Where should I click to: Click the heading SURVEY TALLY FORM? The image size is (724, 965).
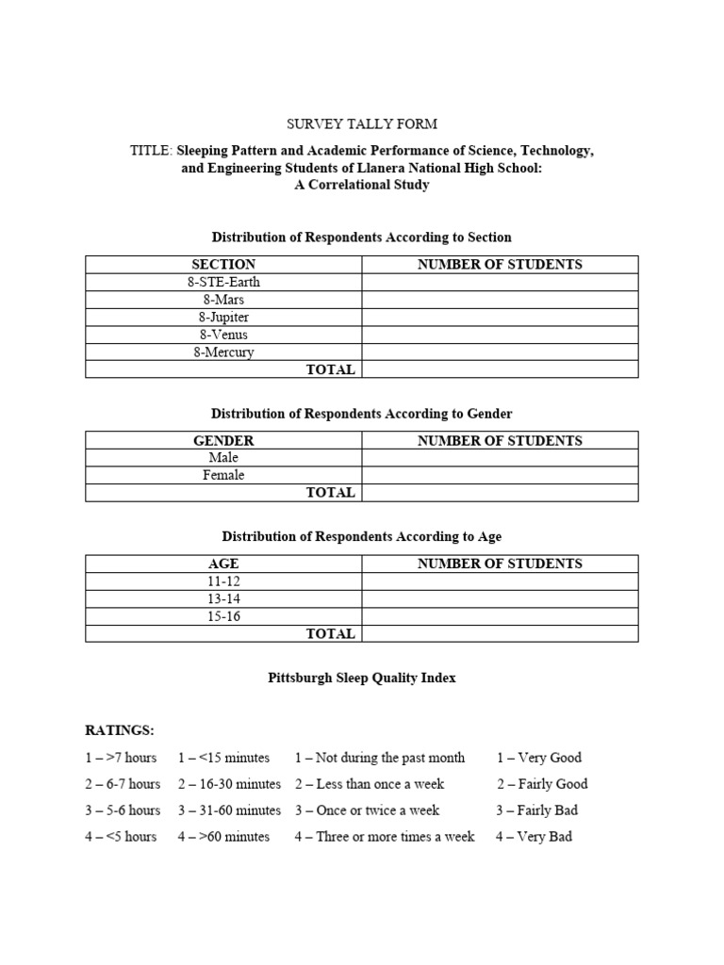click(362, 124)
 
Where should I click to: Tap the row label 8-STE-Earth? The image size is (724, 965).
click(223, 282)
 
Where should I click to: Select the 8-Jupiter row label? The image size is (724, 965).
click(223, 318)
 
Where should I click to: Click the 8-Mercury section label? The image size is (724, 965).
click(223, 352)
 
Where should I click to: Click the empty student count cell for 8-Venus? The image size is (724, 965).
click(500, 335)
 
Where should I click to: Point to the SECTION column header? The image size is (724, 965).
click(223, 264)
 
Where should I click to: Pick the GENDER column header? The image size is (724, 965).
click(223, 440)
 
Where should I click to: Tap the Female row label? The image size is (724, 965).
click(223, 475)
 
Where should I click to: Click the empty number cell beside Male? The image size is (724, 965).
click(500, 458)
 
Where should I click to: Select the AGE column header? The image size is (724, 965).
click(223, 564)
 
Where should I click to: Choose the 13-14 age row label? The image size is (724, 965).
click(223, 598)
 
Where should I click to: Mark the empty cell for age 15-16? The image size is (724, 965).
click(500, 616)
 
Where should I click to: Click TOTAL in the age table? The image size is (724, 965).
click(330, 634)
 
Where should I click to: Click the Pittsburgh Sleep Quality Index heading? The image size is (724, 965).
click(362, 679)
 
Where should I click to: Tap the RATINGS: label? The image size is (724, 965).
click(120, 730)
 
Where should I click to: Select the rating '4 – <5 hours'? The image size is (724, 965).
click(120, 836)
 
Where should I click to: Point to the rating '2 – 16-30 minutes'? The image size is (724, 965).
click(229, 783)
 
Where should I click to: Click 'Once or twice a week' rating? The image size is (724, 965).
click(367, 810)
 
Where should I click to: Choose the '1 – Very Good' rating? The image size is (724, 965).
click(539, 757)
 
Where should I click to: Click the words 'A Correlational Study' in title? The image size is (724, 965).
click(362, 185)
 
